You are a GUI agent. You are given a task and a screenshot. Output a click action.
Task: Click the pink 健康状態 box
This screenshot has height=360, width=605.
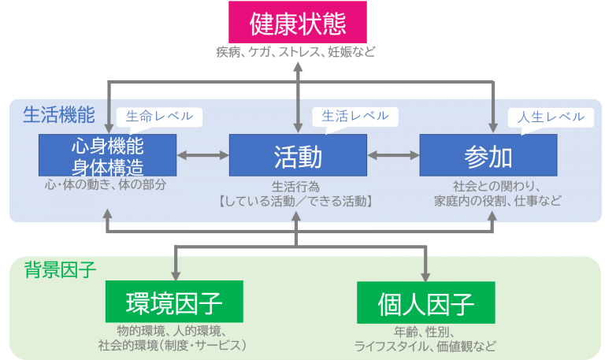298,23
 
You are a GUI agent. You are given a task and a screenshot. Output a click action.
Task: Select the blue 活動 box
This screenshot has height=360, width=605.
298,155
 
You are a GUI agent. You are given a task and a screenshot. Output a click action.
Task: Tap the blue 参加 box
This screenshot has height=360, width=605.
488,155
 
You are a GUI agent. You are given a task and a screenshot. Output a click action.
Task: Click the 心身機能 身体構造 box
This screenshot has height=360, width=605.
107,155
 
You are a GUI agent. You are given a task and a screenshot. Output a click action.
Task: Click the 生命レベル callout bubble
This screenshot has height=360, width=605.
159,117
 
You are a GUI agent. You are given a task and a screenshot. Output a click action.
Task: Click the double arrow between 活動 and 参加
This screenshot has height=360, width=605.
393,155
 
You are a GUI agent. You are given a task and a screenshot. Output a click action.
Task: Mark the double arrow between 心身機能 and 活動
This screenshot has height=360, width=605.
202,155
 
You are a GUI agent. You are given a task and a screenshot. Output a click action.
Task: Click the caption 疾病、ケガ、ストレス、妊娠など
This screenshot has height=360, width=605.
297,52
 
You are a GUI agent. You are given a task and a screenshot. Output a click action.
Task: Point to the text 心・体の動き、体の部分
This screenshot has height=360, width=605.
107,185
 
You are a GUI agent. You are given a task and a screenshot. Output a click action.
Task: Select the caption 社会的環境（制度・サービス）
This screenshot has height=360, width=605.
173,346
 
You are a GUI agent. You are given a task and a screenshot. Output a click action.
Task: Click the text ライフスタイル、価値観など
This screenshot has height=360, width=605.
426,346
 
